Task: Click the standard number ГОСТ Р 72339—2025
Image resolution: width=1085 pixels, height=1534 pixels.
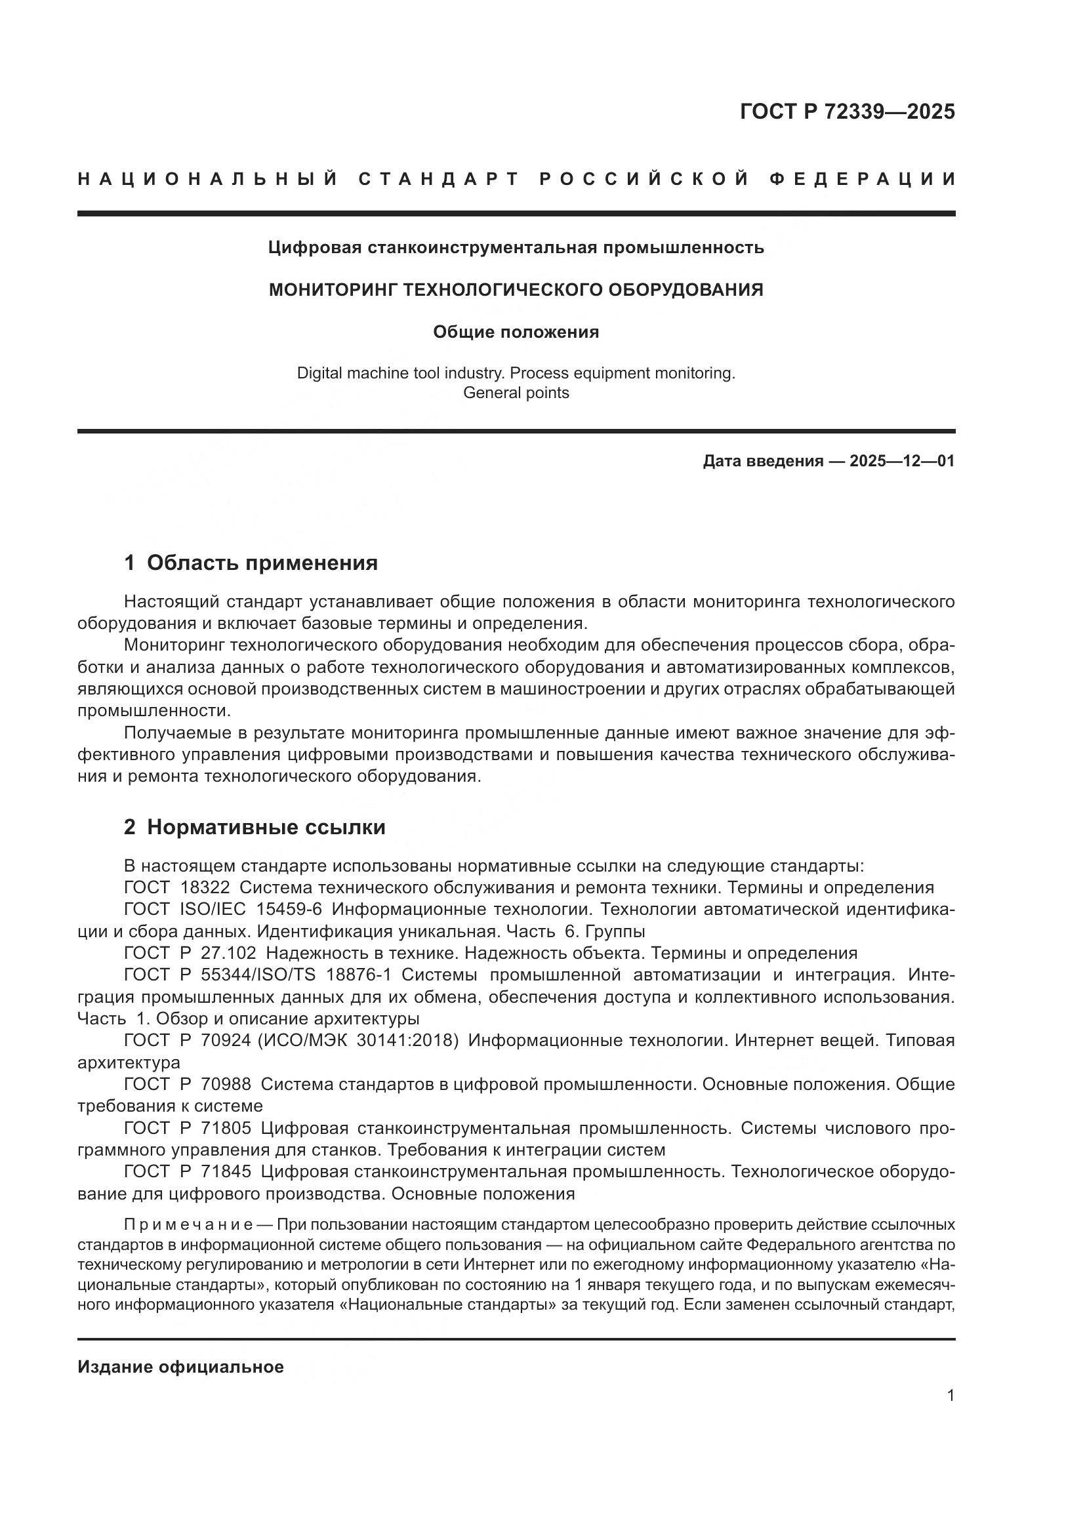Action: point(847,111)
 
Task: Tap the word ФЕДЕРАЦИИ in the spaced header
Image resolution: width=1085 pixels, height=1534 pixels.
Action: point(862,179)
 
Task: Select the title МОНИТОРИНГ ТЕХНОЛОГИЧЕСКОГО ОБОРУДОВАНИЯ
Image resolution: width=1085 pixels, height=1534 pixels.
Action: point(516,290)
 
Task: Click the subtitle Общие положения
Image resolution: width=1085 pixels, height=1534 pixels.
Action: point(516,332)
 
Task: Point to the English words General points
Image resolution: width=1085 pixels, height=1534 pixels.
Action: point(516,393)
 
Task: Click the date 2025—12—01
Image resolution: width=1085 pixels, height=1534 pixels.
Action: point(902,461)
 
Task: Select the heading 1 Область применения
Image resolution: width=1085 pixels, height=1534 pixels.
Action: point(251,563)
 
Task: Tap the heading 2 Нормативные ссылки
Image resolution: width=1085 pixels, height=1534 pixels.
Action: point(255,827)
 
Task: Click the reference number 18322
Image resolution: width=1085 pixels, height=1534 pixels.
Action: point(205,888)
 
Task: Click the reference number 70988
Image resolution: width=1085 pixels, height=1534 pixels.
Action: point(226,1083)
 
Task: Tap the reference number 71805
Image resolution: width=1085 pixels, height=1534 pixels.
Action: point(226,1128)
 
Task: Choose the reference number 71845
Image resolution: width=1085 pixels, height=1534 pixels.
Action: point(226,1171)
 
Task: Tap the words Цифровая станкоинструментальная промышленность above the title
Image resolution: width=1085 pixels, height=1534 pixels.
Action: point(516,248)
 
